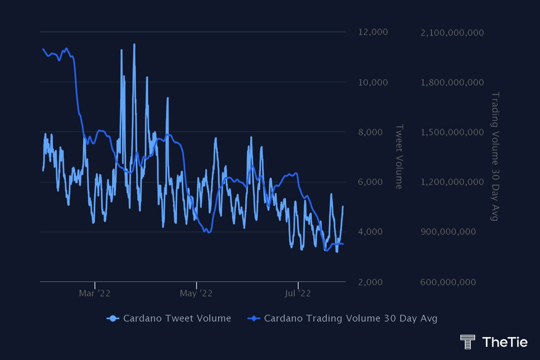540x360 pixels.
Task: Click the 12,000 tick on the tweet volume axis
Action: (x=373, y=32)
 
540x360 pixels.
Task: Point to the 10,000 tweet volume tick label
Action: (x=373, y=82)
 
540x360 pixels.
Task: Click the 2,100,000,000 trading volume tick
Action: (x=451, y=32)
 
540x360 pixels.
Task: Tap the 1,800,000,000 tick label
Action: (x=451, y=82)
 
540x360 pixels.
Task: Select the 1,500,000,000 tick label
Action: (x=451, y=132)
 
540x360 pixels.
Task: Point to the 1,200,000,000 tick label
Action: (x=451, y=182)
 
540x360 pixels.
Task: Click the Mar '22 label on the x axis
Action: (x=94, y=294)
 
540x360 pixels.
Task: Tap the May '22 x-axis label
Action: (x=196, y=294)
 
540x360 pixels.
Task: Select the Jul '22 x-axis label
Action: (x=298, y=294)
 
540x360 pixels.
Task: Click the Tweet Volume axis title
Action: (x=399, y=157)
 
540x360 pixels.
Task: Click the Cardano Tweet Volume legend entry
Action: (x=169, y=319)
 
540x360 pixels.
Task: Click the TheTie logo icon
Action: (x=468, y=342)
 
